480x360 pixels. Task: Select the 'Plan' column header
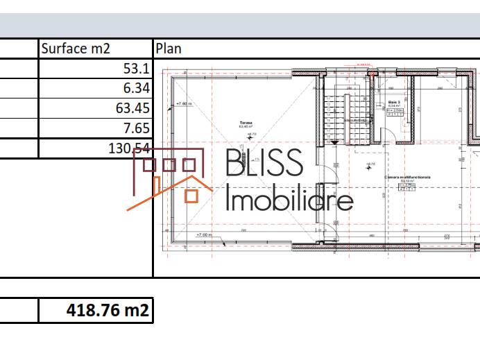pos(168,49)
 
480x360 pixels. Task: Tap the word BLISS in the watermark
pos(264,163)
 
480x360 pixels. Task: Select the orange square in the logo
pos(191,196)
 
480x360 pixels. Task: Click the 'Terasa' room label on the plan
pos(246,123)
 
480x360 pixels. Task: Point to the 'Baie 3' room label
pos(395,102)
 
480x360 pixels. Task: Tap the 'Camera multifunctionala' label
pos(408,178)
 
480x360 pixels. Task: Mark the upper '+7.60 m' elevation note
pos(183,104)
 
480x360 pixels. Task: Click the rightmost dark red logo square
pos(189,165)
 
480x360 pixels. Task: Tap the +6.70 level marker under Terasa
pos(252,134)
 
